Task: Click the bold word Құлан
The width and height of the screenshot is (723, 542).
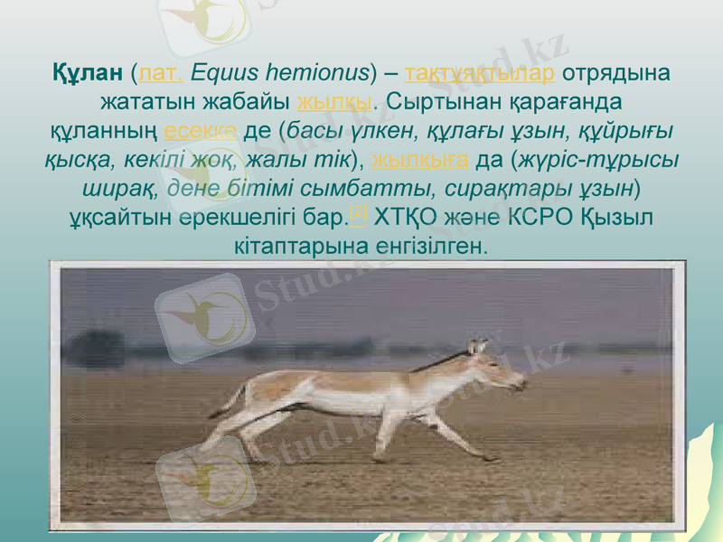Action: tap(88, 71)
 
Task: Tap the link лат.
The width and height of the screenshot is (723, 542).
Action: tap(160, 71)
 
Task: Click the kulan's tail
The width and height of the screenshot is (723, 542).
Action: tap(232, 399)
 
